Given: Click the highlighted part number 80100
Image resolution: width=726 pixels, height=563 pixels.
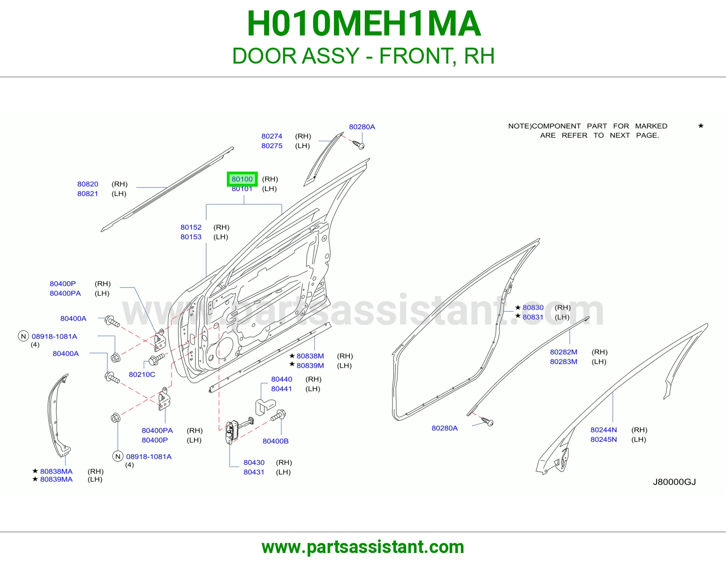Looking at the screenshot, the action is pos(242,179).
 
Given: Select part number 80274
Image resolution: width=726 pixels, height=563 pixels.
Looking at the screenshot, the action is pos(272,136).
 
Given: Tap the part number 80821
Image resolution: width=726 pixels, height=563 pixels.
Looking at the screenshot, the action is pos(88,193).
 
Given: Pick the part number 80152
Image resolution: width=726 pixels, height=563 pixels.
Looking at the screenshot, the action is pos(191,227).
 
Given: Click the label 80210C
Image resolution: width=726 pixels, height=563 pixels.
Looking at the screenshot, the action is pos(142,375).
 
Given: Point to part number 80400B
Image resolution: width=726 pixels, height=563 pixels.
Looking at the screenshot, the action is pos(275,441).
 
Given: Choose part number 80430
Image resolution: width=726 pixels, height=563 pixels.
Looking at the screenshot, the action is pos(254,462).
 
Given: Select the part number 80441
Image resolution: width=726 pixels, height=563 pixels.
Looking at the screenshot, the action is pos(281,389).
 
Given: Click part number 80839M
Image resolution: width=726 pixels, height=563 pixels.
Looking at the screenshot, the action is pos(310,365).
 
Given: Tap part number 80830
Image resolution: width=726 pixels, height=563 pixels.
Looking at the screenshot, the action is pos(533,307).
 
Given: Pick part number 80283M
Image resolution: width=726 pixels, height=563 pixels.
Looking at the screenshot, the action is pos(564,361).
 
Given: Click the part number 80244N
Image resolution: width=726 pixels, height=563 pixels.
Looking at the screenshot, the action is pos(603,430).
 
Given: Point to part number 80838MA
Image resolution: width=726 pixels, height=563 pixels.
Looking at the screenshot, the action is pos(56,471).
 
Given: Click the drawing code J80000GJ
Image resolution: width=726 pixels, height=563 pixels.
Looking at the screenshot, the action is pos(674,482).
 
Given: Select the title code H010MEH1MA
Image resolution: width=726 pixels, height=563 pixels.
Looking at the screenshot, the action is pos(363,24).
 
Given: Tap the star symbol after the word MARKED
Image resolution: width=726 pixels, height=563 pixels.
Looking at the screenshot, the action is pos(701,126).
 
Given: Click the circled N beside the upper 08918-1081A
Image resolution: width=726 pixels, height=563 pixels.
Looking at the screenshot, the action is pos(24,336).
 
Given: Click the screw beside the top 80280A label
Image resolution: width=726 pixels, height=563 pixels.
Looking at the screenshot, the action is pos(358,144).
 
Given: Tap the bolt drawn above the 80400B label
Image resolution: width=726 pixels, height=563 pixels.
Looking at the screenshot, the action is pos(278,415).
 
